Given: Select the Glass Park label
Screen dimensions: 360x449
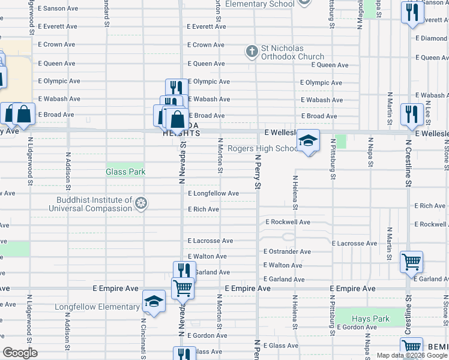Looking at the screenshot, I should coord(125,172).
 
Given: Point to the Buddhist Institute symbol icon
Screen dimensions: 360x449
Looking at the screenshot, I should coord(140,204).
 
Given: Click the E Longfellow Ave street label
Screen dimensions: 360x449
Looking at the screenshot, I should coord(213,194).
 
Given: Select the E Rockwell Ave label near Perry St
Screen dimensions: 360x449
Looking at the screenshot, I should coord(288,222).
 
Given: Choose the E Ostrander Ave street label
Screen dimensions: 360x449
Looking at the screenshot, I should coord(287,252).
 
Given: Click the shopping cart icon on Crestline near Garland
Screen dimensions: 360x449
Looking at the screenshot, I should coord(412,261).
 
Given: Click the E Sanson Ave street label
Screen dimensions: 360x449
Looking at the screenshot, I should coord(58,9).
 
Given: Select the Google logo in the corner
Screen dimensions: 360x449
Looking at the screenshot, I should coord(20,353).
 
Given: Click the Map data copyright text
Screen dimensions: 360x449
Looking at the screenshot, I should coord(412,355).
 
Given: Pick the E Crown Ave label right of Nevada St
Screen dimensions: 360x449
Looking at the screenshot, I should coord(206,45).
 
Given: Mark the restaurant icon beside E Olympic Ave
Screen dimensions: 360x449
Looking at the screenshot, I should coord(173,87).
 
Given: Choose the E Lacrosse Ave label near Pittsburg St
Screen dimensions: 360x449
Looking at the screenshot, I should coord(354,244).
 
